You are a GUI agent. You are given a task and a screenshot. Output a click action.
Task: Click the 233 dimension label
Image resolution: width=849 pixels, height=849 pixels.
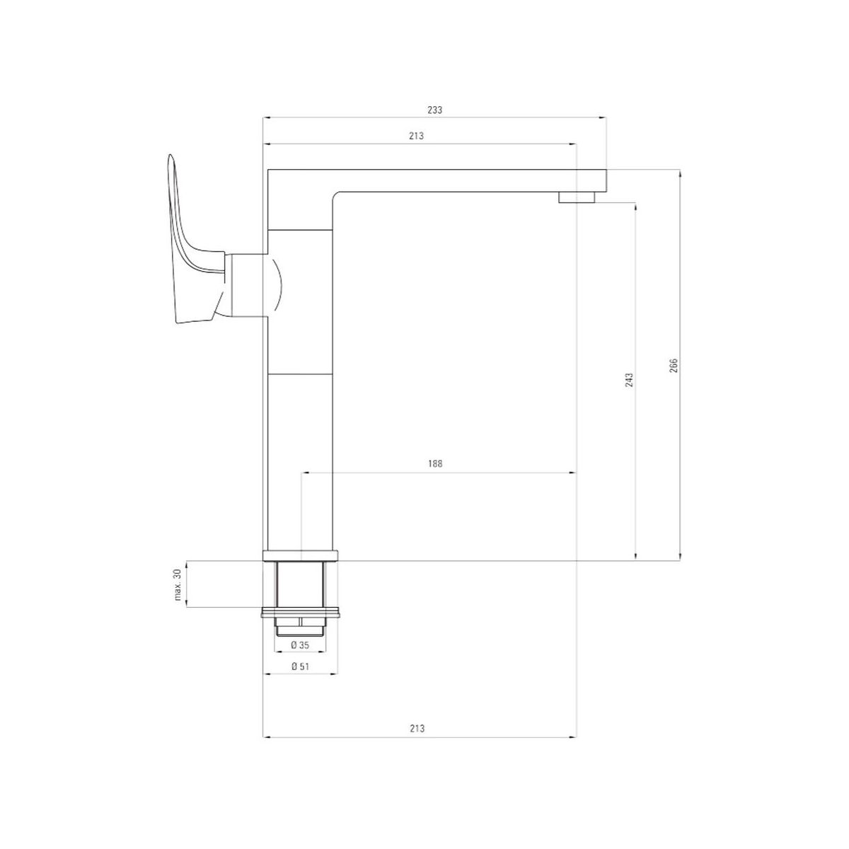tap(434, 110)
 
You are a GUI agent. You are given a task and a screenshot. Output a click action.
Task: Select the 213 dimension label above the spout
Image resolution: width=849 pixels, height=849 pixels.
tap(416, 136)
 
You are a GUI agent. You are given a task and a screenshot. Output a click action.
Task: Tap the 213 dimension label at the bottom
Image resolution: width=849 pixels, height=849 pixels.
tap(417, 729)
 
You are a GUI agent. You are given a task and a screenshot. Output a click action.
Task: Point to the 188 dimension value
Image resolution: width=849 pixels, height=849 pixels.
tap(435, 463)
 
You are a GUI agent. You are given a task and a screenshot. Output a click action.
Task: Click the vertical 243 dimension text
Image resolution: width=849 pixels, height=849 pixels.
tap(630, 380)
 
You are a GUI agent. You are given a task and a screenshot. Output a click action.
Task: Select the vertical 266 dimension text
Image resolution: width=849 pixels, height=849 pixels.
tap(674, 366)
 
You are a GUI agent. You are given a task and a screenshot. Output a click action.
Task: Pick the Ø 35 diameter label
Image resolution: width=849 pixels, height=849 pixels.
tap(300, 645)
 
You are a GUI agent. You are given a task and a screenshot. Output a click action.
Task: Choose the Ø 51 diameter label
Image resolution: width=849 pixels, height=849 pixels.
tap(300, 666)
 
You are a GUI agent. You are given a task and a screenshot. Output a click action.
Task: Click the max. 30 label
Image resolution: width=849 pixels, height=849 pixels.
tap(178, 584)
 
